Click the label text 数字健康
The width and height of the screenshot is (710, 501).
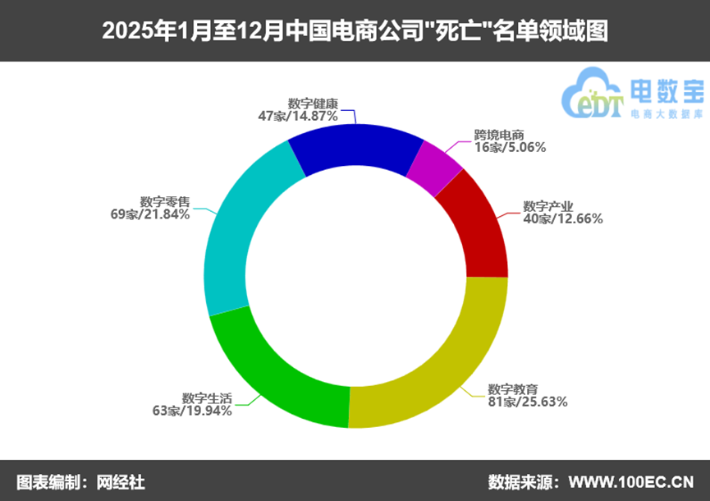(x=313, y=103)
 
